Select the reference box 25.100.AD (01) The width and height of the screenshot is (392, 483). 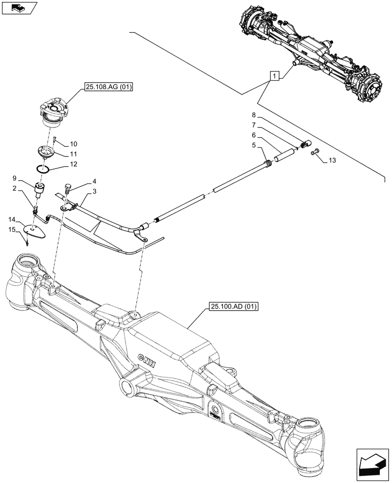pos(234,307)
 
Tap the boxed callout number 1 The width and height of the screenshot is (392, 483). pos(274,76)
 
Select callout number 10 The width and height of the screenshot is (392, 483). pos(73,144)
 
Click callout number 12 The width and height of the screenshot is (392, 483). pos(73,164)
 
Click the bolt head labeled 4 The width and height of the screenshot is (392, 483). pos(68,186)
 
